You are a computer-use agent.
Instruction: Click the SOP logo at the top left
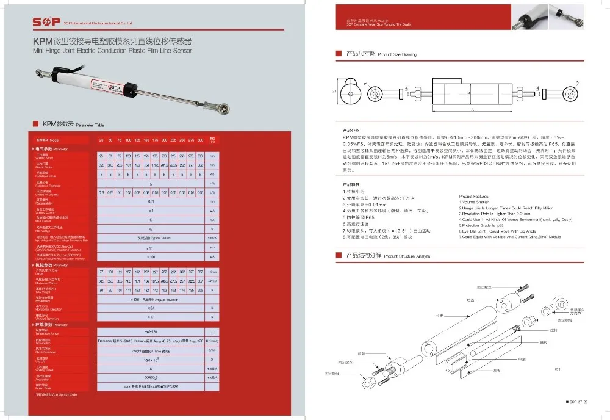tap(46, 22)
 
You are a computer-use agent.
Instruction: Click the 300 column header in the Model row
tap(200, 140)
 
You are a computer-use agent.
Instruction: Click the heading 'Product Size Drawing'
tap(396, 54)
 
